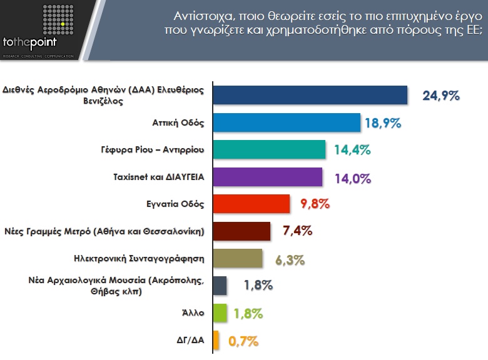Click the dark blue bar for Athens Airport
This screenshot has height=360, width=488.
coord(310,95)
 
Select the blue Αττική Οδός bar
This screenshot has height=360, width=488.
coord(287,122)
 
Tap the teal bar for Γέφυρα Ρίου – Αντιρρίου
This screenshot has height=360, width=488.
coord(269,150)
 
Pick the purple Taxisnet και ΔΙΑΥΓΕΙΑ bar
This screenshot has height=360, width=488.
coord(268,177)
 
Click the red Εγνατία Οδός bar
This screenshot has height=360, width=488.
coord(252,204)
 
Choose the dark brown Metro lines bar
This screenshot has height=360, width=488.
coord(241,231)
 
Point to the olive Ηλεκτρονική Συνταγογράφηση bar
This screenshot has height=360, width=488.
coord(238,258)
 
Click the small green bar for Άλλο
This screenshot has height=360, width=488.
coord(220,312)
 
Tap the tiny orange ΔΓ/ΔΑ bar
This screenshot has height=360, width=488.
coord(216,340)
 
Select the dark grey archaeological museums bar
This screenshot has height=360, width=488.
coord(220,286)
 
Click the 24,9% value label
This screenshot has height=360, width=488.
coord(441,96)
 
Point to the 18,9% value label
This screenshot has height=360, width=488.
coord(382,122)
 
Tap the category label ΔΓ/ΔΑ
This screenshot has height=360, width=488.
coord(190,340)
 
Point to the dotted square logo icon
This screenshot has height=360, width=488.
coord(59,19)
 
